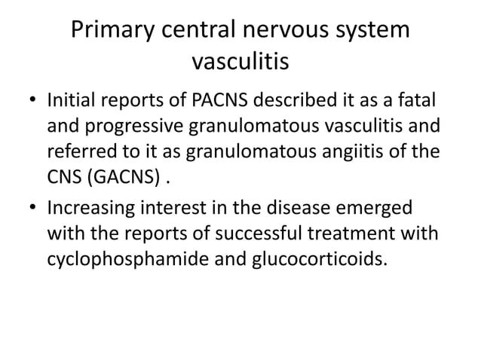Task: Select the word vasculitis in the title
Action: point(240,62)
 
